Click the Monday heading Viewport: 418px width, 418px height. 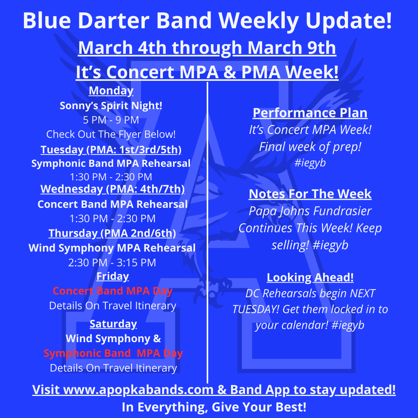coord(111,91)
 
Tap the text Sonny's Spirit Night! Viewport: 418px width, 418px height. coord(111,105)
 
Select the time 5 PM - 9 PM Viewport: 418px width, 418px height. coord(111,120)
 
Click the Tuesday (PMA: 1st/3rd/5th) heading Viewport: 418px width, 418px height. coord(111,149)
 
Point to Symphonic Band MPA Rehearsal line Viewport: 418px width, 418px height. coord(111,163)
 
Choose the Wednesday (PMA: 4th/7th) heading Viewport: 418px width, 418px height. coord(113,189)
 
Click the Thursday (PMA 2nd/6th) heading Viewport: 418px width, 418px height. coord(112,233)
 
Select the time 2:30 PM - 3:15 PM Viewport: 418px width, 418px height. coord(112,263)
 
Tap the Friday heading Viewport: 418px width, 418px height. coord(113,276)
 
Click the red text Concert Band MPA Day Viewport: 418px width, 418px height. coord(113,291)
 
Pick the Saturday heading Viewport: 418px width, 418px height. coord(113,324)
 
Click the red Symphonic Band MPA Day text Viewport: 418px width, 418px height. coord(113,353)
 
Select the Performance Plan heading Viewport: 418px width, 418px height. coord(310,113)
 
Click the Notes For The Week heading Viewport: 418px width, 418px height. coord(310,194)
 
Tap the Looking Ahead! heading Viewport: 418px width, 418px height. coord(310,278)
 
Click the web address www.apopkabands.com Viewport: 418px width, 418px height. coord(138,390)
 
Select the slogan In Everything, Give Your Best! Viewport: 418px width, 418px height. coord(214,407)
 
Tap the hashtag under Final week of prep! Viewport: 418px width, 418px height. coord(310,163)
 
